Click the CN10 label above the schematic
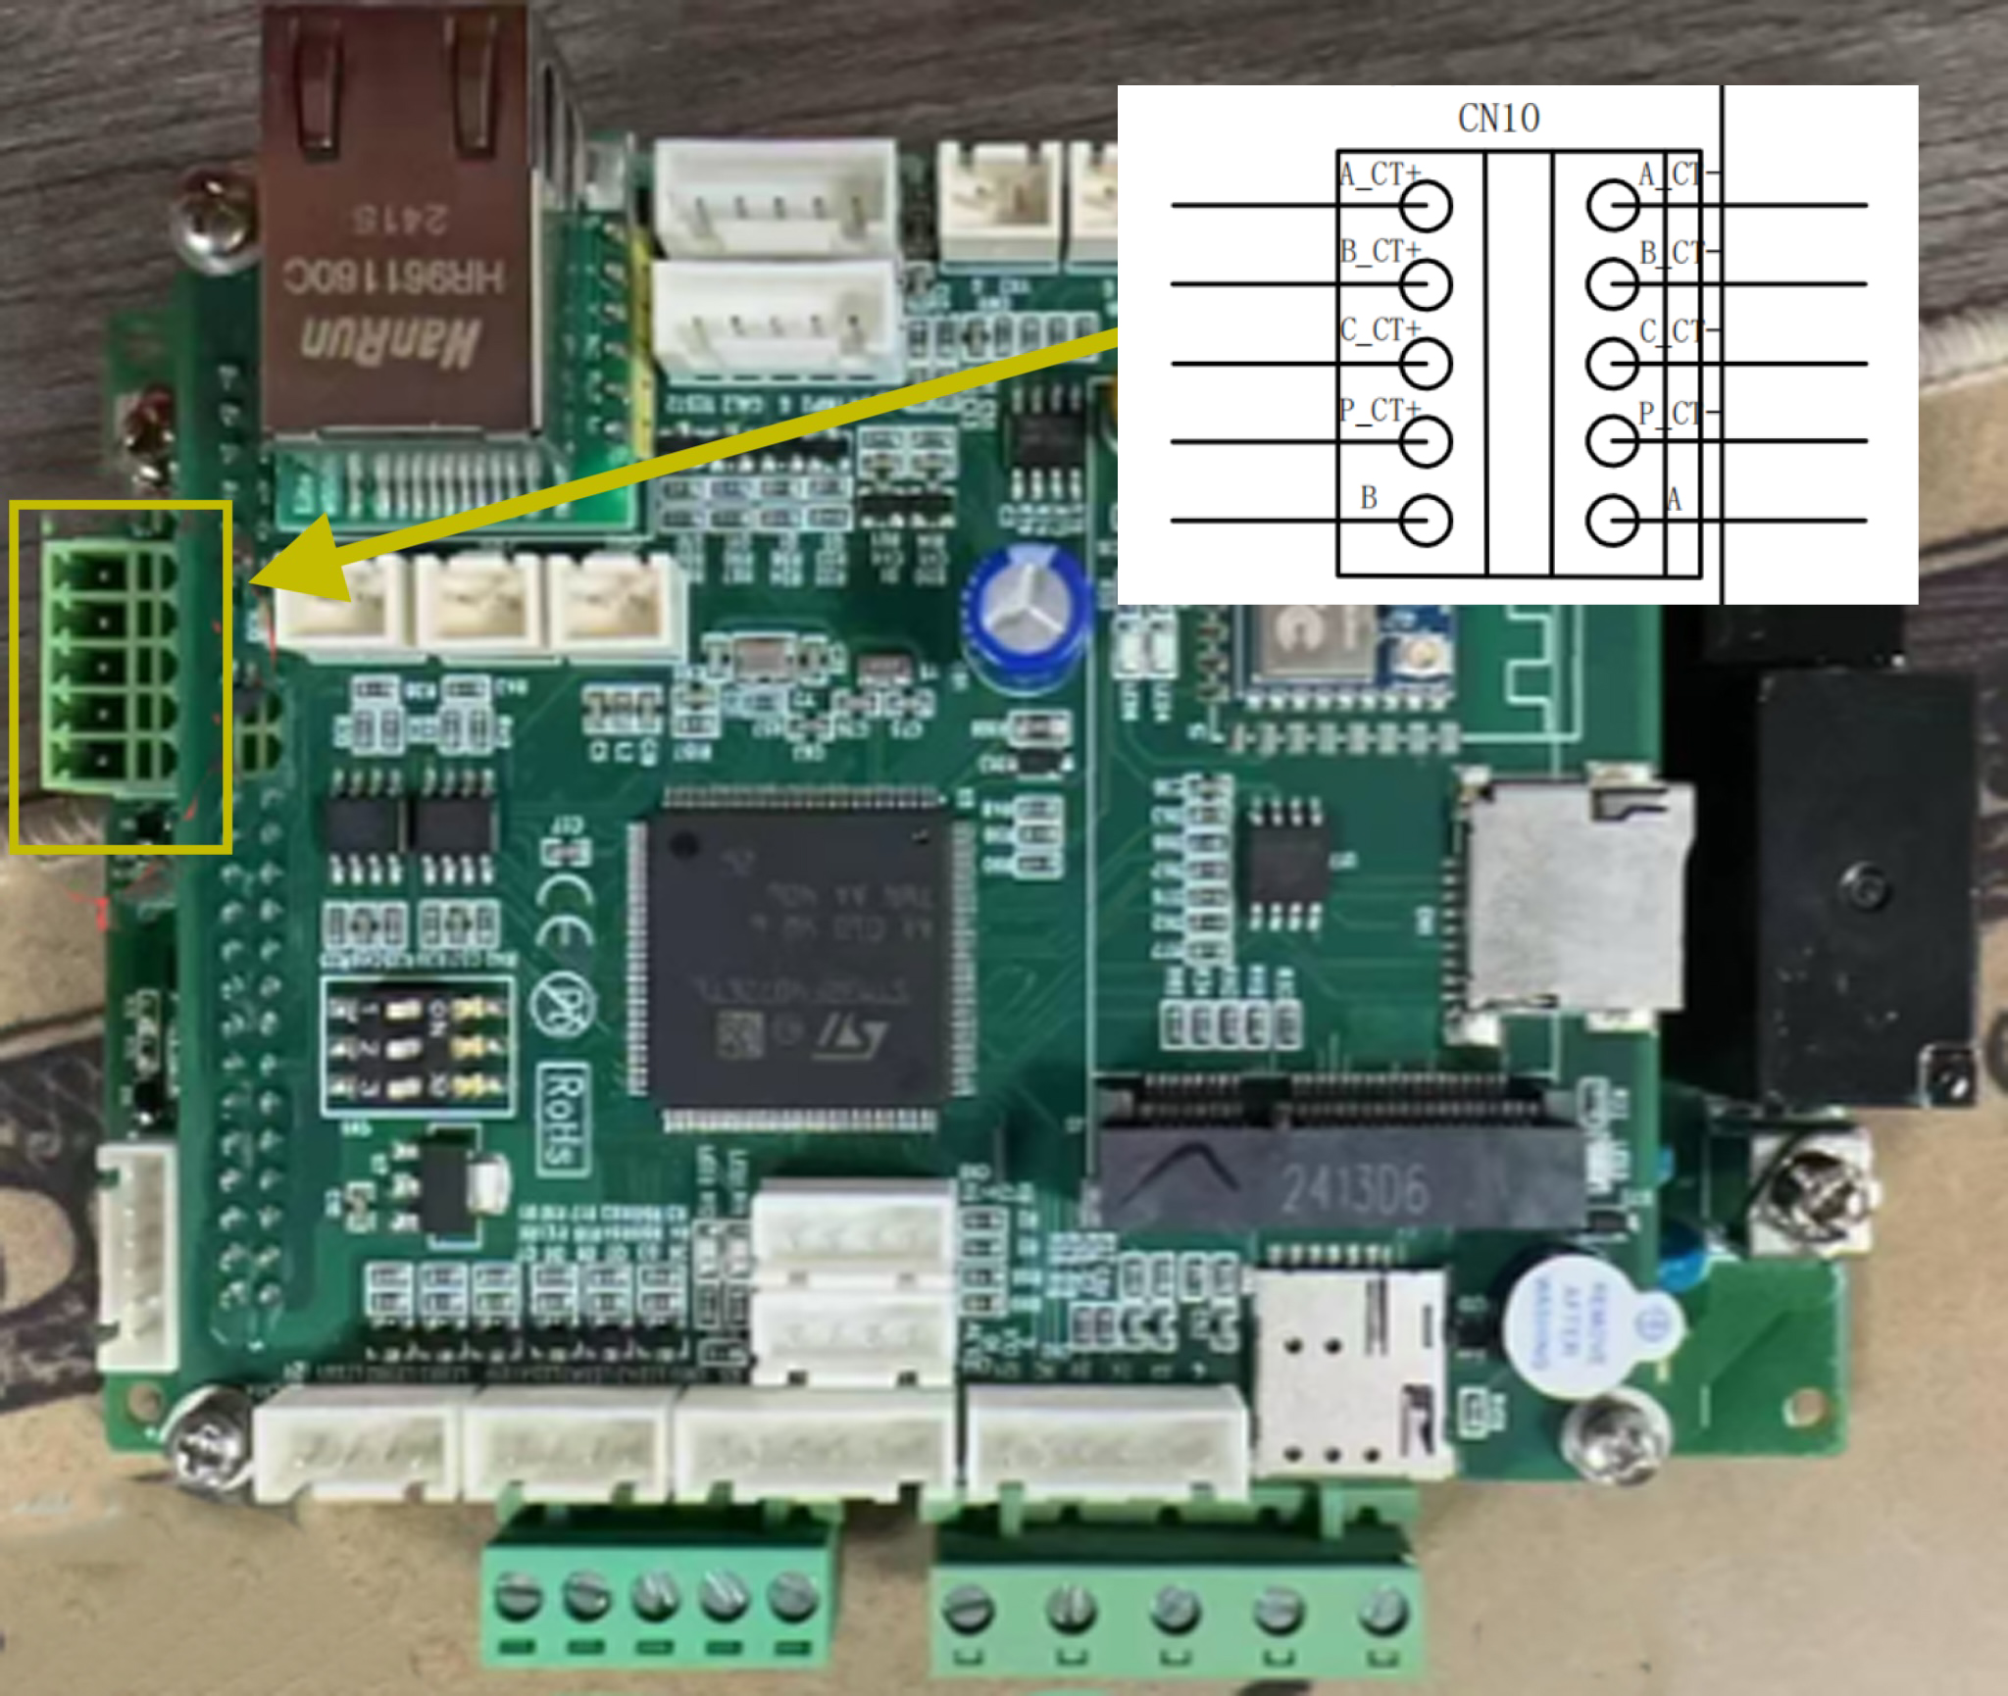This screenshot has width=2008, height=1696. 1498,119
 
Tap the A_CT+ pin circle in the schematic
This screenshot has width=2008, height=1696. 1426,207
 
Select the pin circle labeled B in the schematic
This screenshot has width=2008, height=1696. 1426,520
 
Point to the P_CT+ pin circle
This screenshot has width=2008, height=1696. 1426,441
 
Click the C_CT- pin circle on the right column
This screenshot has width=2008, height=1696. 1612,364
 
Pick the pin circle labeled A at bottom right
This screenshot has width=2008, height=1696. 1612,520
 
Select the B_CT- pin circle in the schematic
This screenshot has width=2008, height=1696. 1612,285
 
